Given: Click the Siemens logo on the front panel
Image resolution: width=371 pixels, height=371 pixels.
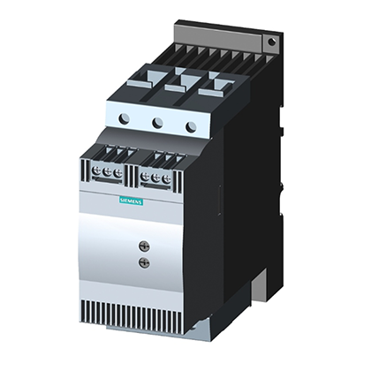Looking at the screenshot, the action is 131,201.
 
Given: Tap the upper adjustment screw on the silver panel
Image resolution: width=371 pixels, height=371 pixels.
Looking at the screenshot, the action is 144,246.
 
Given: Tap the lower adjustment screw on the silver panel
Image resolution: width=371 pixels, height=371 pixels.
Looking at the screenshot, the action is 144,261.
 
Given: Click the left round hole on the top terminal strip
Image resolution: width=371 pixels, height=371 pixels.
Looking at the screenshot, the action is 124,118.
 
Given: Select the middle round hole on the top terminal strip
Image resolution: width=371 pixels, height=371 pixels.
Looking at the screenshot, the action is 158,122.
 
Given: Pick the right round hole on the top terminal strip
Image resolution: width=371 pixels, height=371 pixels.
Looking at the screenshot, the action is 192,126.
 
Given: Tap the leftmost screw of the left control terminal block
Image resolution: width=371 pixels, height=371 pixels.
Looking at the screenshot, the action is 96,170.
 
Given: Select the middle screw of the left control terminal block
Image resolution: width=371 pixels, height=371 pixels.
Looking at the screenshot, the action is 107,172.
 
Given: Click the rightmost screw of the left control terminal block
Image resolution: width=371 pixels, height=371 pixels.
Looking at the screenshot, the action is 117,173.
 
